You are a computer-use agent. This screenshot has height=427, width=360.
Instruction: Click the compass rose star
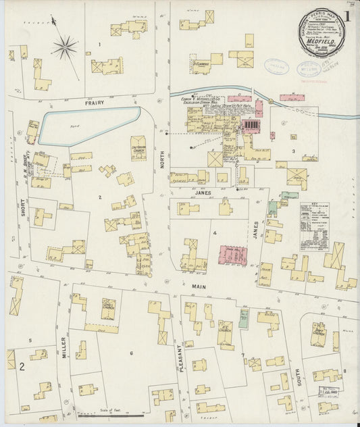click(x=66, y=47)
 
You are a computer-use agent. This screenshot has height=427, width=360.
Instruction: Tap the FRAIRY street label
click(x=93, y=103)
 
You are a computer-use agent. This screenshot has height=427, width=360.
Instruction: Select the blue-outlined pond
click(x=88, y=124)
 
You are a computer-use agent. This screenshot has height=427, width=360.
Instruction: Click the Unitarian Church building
click(x=138, y=148)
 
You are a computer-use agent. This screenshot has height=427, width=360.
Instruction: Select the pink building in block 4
click(x=232, y=255)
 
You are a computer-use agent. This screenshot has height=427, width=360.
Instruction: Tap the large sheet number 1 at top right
click(x=347, y=16)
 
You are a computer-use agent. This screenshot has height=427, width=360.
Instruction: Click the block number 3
click(x=293, y=151)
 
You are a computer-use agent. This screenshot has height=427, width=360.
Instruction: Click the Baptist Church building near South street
click(x=318, y=333)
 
